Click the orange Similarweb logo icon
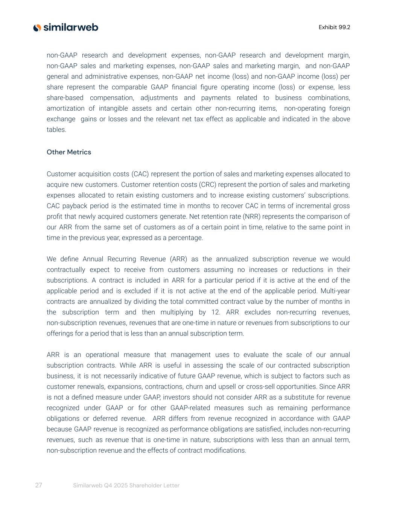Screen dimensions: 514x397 [x=37, y=27]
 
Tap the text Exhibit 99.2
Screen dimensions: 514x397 [x=334, y=27]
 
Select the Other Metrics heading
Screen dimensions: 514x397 [x=69, y=152]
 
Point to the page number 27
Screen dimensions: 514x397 [x=38, y=485]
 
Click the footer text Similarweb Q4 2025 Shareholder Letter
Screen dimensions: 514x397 [x=126, y=485]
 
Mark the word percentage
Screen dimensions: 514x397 [x=186, y=238]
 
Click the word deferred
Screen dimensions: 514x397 [x=108, y=418]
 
